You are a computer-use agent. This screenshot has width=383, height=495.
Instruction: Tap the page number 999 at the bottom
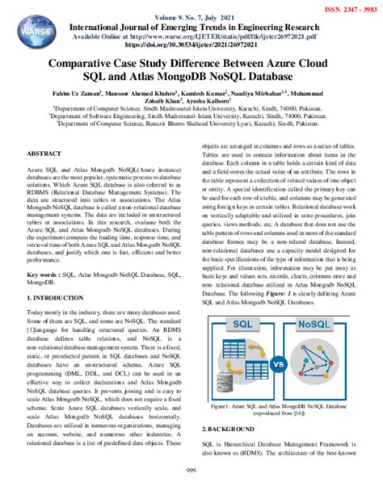coord(191,470)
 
